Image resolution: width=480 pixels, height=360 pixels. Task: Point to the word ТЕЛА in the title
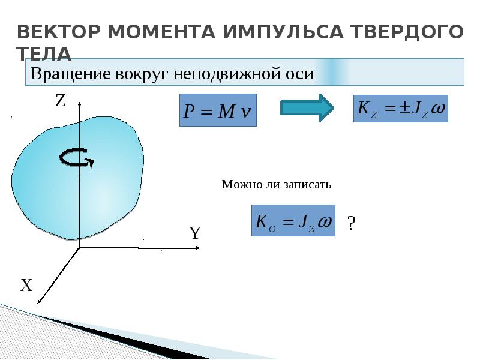point(44,53)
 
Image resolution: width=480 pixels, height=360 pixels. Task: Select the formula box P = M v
point(218,110)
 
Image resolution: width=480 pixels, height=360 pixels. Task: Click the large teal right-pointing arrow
point(307,108)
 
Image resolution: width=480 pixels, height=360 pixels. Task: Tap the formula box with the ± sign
point(401,109)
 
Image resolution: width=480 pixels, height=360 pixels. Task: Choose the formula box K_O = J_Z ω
point(293,221)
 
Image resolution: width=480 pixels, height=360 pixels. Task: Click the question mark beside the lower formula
point(352,224)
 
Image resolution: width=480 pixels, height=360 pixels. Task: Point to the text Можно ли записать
point(277,185)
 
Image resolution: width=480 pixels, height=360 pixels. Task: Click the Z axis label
point(60,101)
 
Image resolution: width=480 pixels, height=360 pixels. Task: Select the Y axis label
point(194,233)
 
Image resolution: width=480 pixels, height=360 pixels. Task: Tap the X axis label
point(26,286)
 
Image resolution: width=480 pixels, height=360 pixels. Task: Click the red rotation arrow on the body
point(76,158)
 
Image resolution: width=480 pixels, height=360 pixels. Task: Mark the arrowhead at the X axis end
point(39,302)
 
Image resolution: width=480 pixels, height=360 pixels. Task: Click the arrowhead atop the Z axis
point(79,103)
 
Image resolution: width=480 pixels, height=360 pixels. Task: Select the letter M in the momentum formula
point(226,111)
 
